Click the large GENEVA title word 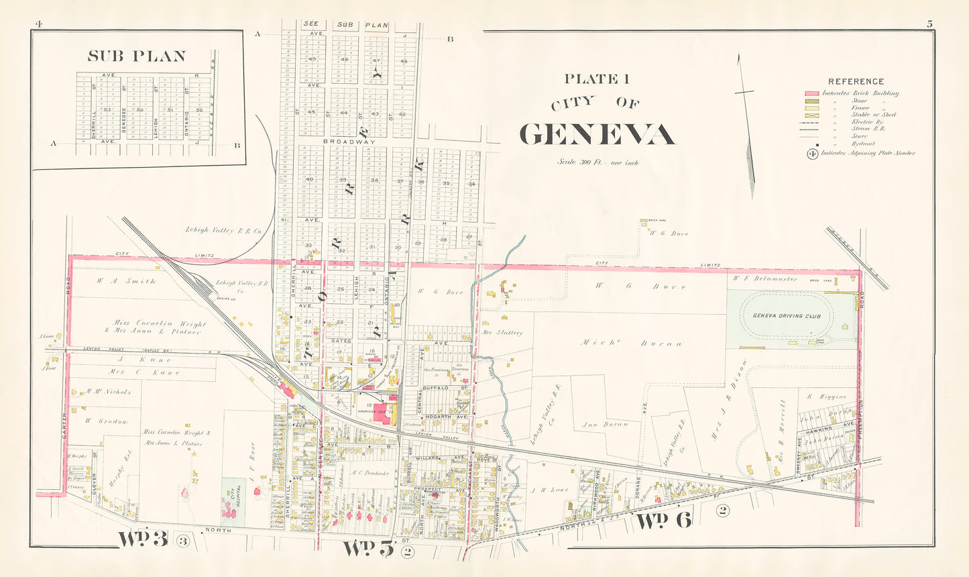(x=597, y=134)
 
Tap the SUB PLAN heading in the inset (x=137, y=56)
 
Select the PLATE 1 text (x=596, y=79)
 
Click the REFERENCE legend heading (x=856, y=81)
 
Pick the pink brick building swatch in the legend (x=811, y=93)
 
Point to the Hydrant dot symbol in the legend (x=811, y=143)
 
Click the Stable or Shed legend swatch (x=811, y=115)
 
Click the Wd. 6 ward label (x=663, y=521)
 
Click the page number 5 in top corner (x=929, y=24)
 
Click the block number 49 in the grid (x=312, y=59)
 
